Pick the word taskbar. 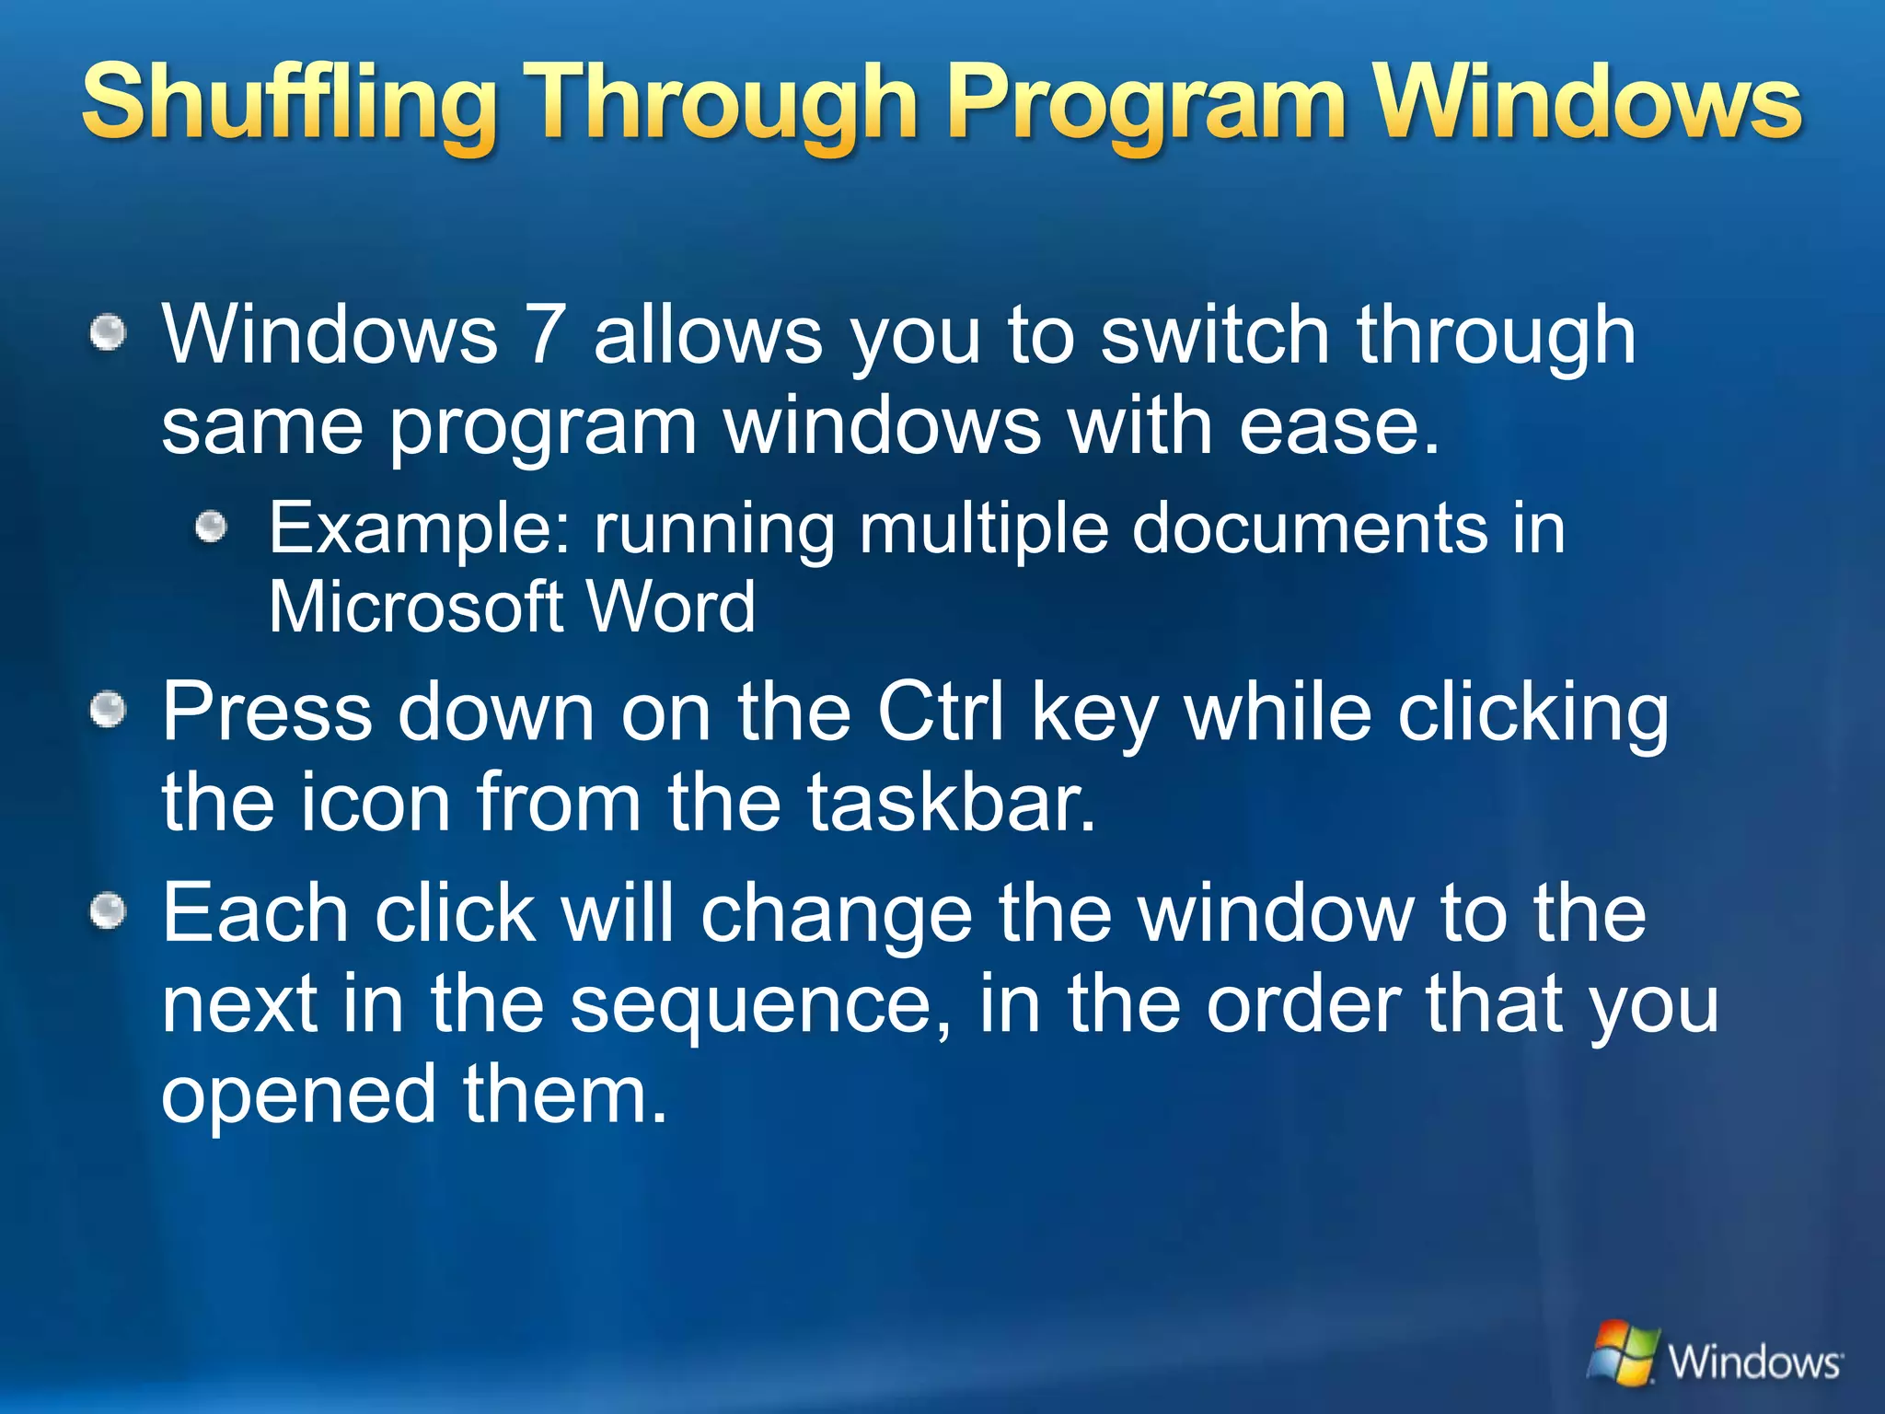point(953,802)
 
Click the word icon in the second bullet point(374,802)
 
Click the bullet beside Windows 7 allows point(109,332)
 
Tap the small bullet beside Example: point(212,527)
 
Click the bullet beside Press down point(109,710)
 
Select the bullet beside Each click point(109,911)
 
